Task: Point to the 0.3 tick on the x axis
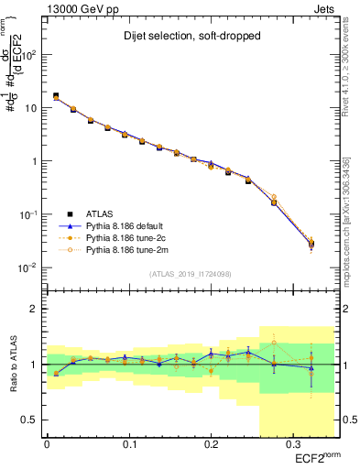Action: click(x=292, y=446)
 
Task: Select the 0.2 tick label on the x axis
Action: click(x=211, y=446)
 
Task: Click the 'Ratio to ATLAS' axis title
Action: click(x=14, y=364)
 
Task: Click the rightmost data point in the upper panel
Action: click(x=311, y=244)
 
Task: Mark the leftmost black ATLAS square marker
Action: click(x=56, y=95)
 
